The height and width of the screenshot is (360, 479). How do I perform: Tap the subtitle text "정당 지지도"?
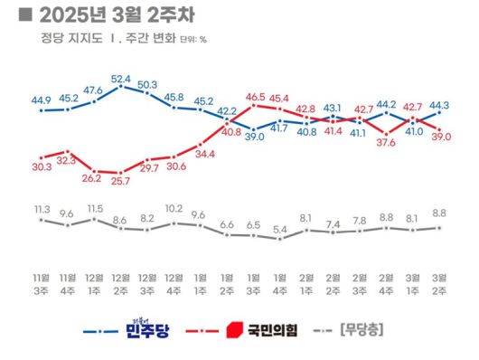[63, 39]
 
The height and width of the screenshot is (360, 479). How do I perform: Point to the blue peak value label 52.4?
[121, 79]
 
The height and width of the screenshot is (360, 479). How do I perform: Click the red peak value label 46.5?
[255, 96]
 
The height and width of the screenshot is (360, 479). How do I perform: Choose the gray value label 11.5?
[95, 209]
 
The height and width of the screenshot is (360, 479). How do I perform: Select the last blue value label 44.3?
[440, 105]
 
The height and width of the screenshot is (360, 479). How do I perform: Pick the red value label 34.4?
[202, 154]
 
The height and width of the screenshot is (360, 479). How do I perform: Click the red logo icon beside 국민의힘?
[234, 331]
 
